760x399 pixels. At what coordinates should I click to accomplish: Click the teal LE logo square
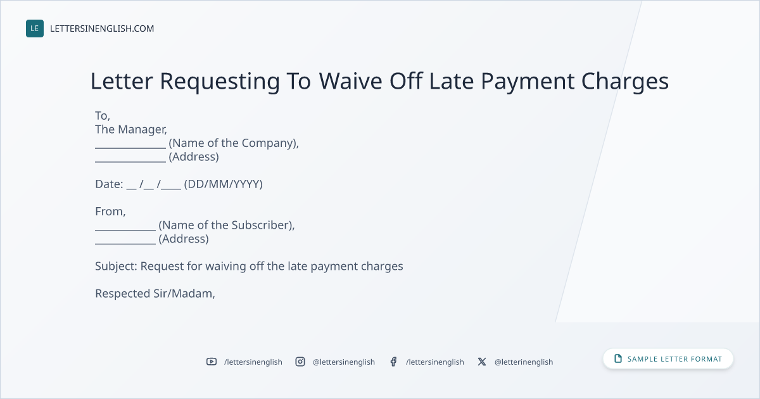(x=35, y=28)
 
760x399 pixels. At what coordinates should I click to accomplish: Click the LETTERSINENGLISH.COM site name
(x=102, y=28)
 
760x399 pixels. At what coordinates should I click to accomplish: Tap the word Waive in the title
(x=350, y=81)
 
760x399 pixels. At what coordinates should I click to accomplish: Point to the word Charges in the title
(x=624, y=82)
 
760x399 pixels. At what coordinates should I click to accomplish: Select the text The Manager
(x=131, y=129)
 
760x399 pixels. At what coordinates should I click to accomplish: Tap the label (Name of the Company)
(x=234, y=143)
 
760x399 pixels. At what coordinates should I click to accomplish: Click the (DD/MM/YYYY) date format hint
(x=223, y=184)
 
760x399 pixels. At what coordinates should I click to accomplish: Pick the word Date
(x=109, y=184)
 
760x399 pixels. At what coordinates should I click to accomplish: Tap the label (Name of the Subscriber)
(x=226, y=225)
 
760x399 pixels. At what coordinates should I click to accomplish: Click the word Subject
(x=116, y=267)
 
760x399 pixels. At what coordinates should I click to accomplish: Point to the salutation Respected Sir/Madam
(x=155, y=293)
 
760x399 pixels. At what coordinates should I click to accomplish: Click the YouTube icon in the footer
(x=212, y=362)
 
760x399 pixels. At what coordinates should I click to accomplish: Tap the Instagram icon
(x=300, y=362)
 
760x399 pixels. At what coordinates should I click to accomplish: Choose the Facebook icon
(x=393, y=362)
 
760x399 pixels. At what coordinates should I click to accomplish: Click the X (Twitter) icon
(x=482, y=362)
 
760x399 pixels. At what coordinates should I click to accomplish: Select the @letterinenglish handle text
(x=524, y=362)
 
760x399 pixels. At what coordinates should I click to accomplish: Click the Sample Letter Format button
(x=668, y=359)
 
